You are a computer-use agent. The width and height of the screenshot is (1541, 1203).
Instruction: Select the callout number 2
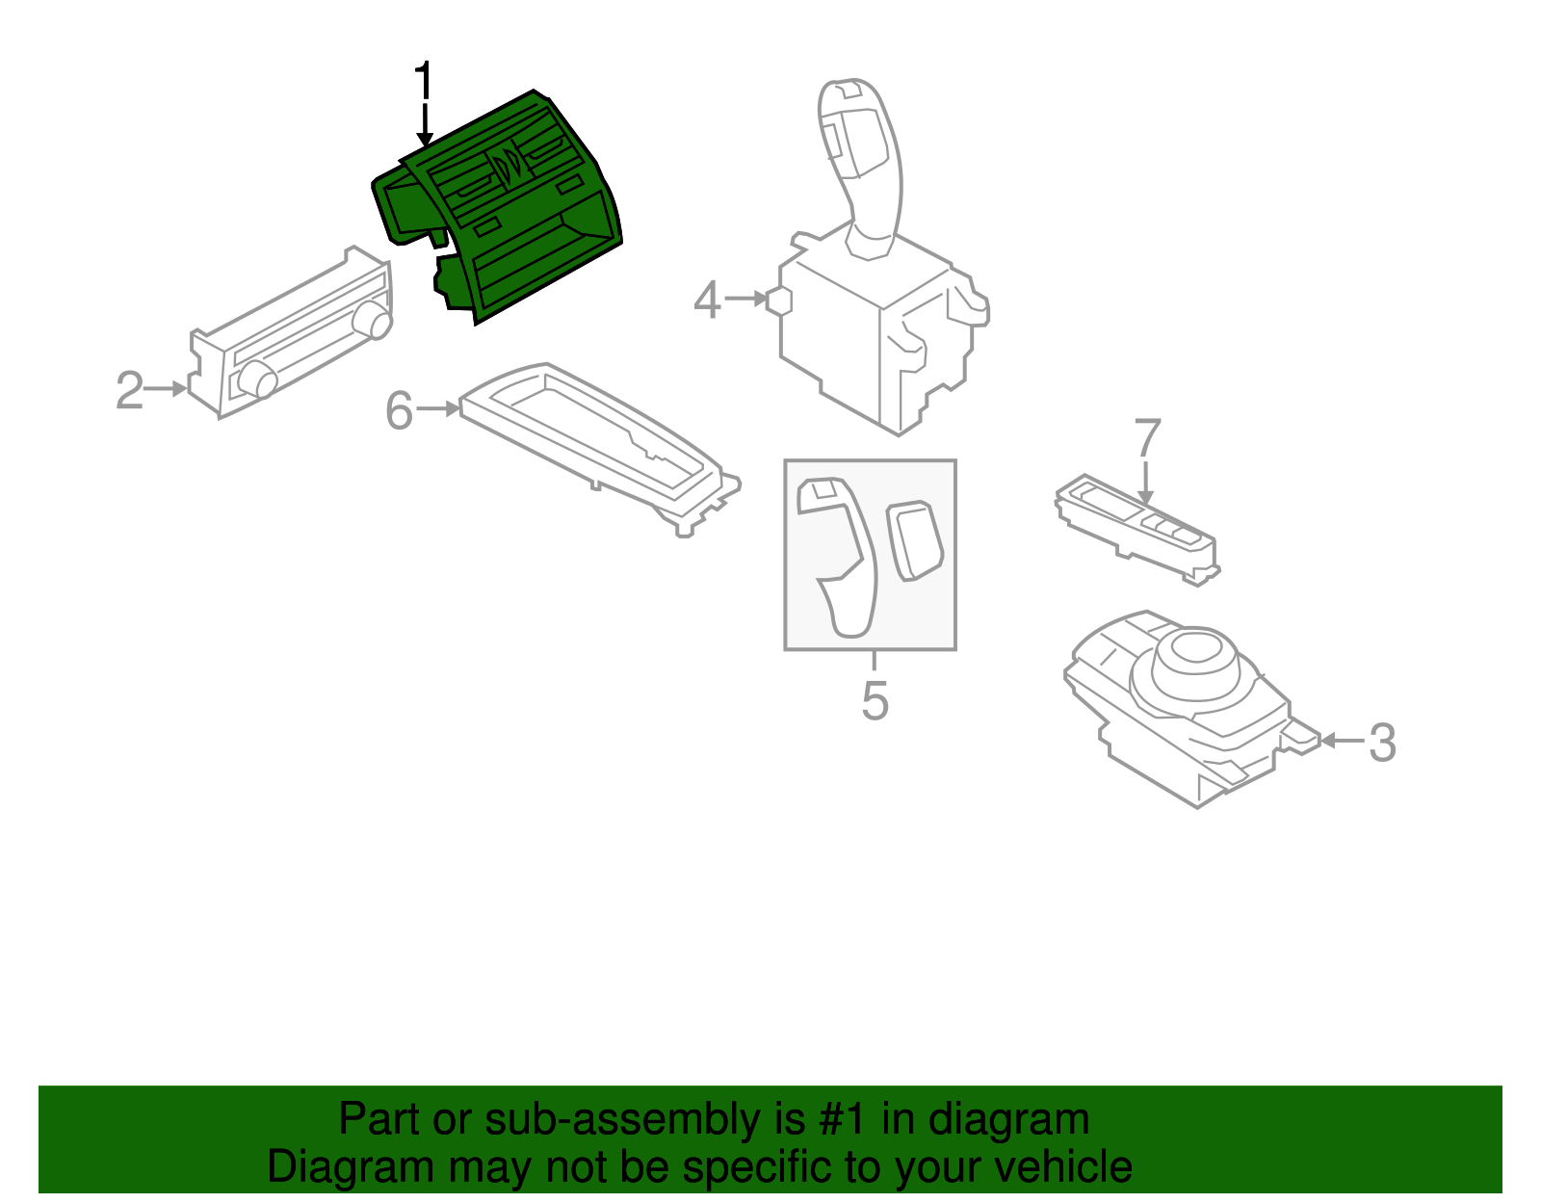[x=129, y=391]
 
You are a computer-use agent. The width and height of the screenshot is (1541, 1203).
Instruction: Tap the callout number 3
[x=1382, y=743]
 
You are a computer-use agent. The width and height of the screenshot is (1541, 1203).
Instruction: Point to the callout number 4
[x=707, y=301]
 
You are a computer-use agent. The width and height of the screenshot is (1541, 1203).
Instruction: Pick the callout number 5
[x=875, y=700]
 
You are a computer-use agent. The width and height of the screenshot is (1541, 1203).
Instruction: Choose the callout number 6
[x=399, y=411]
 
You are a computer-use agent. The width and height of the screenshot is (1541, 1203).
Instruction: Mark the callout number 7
[x=1147, y=438]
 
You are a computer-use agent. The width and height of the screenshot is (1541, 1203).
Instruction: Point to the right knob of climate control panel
[x=373, y=320]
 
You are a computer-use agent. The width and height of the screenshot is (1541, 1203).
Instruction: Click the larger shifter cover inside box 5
[x=841, y=559]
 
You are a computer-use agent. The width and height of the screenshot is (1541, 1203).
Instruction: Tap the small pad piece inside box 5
[x=914, y=539]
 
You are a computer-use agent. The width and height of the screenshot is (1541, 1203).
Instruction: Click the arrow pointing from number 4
[x=745, y=300]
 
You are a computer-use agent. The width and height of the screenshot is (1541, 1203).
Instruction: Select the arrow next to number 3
[x=1340, y=741]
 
